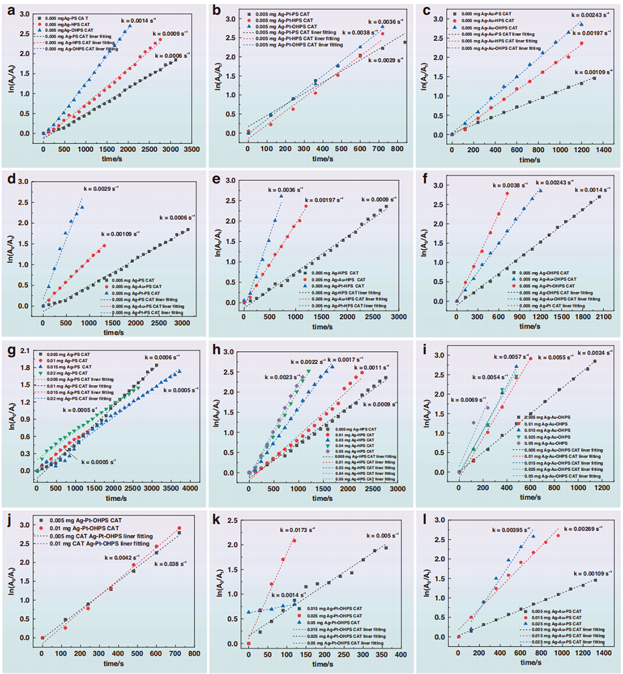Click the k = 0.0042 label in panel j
pos(122,558)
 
